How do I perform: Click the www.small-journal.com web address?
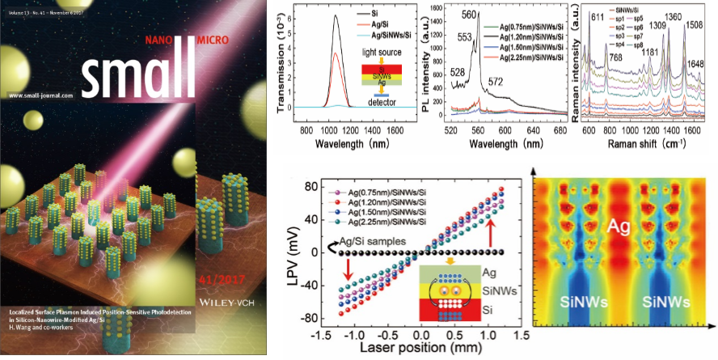click(x=37, y=95)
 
